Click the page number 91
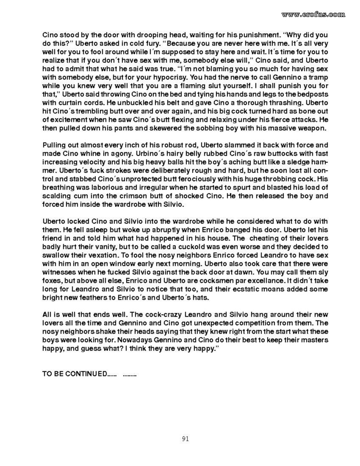click(x=185, y=439)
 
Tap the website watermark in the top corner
click(x=313, y=14)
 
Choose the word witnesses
click(x=61, y=273)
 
